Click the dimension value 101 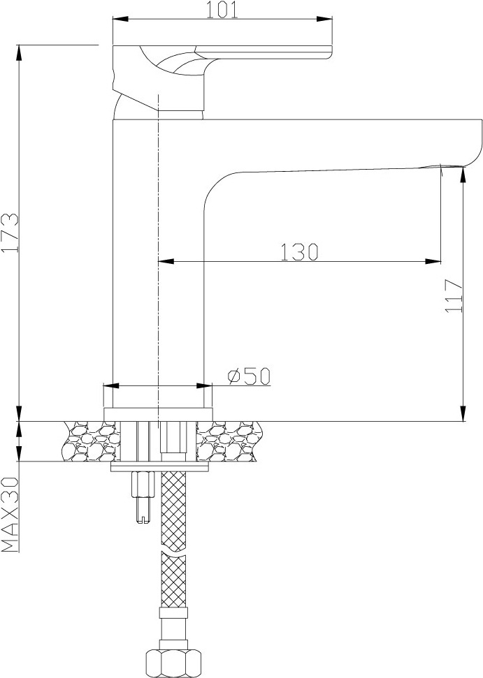click(x=222, y=10)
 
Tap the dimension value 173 click(x=10, y=233)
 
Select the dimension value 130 click(x=299, y=252)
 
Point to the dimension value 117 click(x=454, y=296)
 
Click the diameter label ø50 click(x=249, y=376)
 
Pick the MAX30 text click(x=10, y=515)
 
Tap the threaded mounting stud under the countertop click(x=143, y=497)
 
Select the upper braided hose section click(x=173, y=510)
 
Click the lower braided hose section click(x=173, y=580)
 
